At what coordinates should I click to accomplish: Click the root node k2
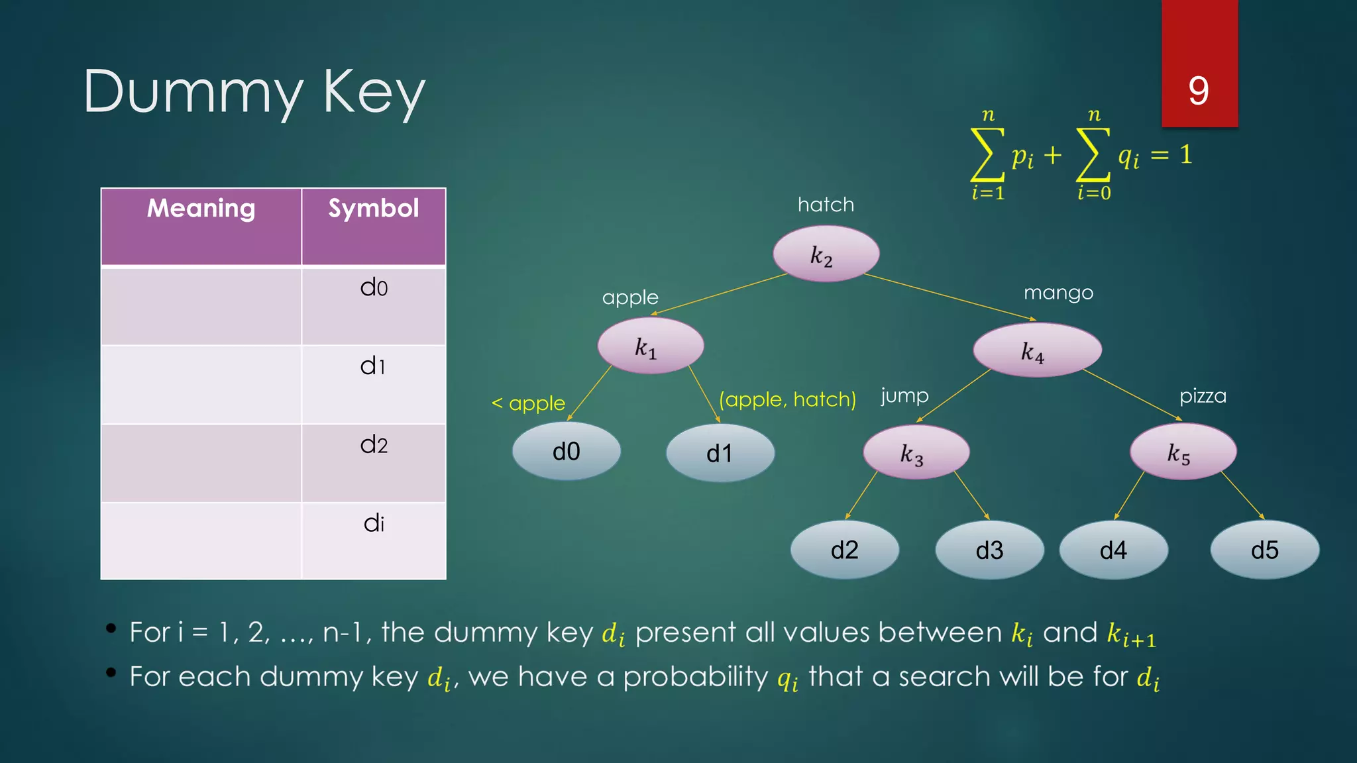pos(826,254)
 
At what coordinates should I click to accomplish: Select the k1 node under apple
pos(650,346)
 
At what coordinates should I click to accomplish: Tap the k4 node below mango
pos(1036,350)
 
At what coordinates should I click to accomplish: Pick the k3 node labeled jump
pos(916,452)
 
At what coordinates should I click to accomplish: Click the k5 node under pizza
pos(1182,452)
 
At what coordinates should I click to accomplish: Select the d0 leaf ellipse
pos(566,452)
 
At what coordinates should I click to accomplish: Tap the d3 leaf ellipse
pos(989,550)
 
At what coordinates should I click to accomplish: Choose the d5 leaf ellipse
pos(1264,550)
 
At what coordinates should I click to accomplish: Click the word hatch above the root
pos(826,205)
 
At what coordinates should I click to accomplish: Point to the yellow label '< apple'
pos(528,403)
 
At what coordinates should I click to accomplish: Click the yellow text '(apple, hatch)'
pos(787,399)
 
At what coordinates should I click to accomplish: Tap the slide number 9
pos(1199,91)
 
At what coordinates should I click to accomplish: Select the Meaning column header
pos(201,209)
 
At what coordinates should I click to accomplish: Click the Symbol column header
pos(374,209)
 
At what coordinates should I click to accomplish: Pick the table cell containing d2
pos(374,462)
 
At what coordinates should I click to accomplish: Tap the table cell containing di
pos(374,540)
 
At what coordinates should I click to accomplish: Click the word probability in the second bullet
pos(695,677)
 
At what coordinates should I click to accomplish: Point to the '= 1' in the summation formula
pos(1171,155)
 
